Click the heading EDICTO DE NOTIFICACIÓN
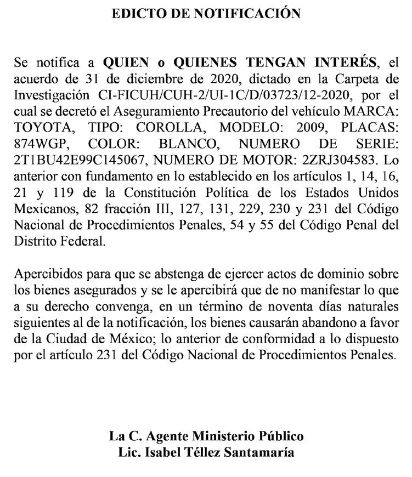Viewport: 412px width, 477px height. click(206, 13)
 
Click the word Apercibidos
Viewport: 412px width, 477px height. click(46, 273)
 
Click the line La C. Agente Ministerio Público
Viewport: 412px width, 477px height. click(206, 437)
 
